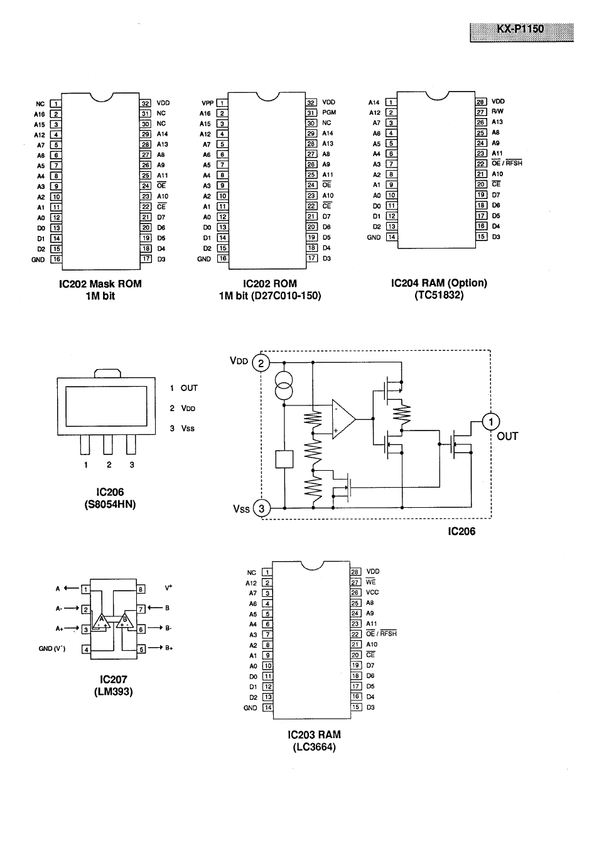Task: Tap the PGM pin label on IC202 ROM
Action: (329, 113)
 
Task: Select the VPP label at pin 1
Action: (207, 103)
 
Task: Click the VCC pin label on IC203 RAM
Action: (372, 593)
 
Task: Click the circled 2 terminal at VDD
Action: (261, 363)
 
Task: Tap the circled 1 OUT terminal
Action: (491, 422)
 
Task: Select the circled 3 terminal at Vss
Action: (262, 508)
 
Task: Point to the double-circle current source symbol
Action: (284, 386)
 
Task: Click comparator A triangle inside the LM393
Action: (100, 621)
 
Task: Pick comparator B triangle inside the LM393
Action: (125, 621)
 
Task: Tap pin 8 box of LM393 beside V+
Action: (141, 589)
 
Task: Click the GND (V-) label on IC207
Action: (52, 649)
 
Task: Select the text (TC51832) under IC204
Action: (439, 295)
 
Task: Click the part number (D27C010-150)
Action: (286, 296)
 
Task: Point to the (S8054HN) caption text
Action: (110, 504)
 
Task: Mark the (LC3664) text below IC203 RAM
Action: (314, 747)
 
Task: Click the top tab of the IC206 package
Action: (106, 373)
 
